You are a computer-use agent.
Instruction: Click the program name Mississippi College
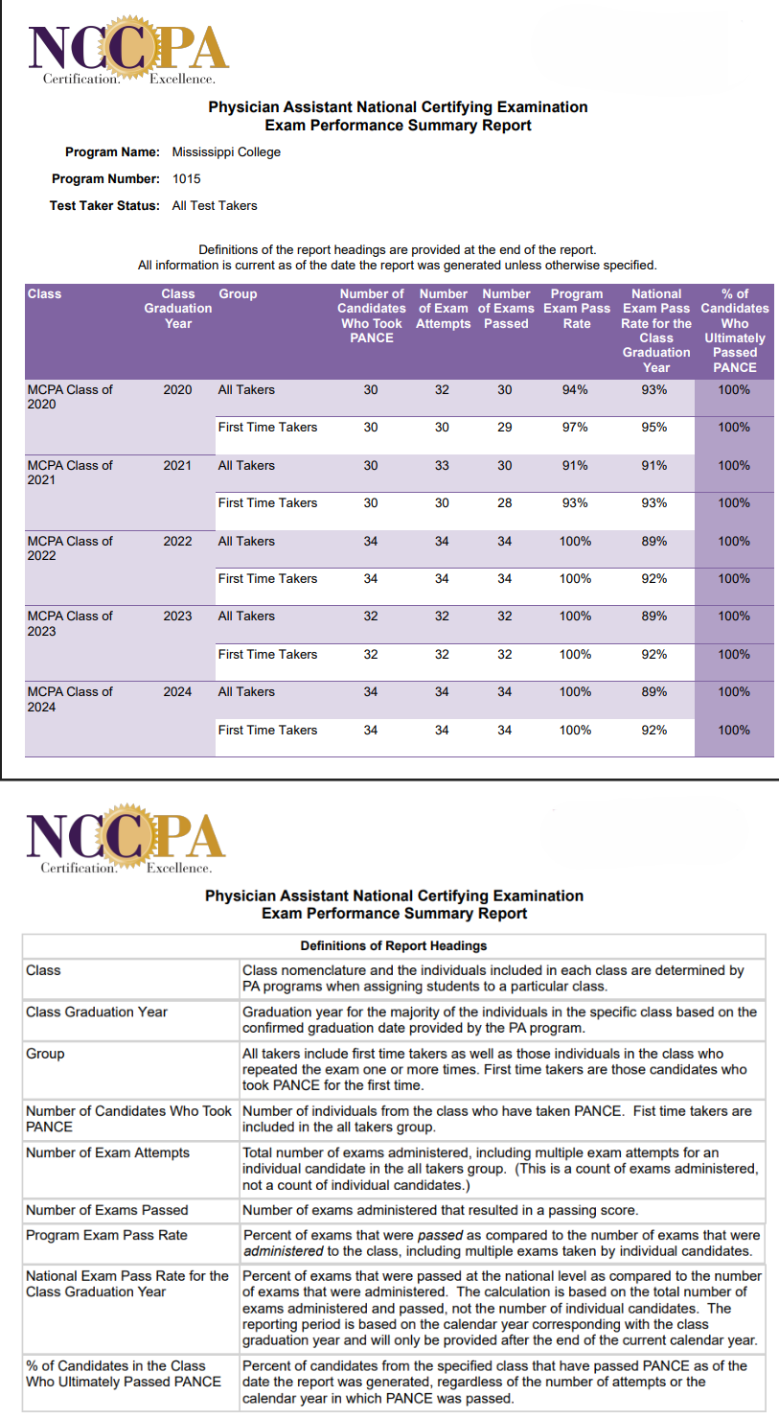point(226,151)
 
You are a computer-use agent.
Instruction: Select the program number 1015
point(187,178)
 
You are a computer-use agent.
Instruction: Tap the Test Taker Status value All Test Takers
point(215,205)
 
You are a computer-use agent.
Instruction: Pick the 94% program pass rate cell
point(575,390)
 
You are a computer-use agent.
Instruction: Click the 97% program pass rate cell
point(575,428)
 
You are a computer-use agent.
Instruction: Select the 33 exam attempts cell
point(442,466)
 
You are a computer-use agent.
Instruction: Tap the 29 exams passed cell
point(505,428)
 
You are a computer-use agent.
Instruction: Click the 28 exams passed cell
point(505,503)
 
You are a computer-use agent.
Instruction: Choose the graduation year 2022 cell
point(177,542)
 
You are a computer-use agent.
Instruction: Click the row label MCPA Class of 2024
point(69,699)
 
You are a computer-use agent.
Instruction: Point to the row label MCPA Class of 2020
point(69,397)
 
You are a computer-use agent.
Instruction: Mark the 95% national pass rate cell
point(654,428)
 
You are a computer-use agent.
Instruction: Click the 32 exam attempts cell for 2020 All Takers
point(442,390)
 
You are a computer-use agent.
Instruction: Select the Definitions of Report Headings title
point(393,946)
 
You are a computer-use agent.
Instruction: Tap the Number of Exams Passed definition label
point(107,1210)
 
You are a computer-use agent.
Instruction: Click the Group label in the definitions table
point(45,1054)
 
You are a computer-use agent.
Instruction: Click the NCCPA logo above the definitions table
point(126,841)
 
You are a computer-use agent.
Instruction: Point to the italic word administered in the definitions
point(285,1252)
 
